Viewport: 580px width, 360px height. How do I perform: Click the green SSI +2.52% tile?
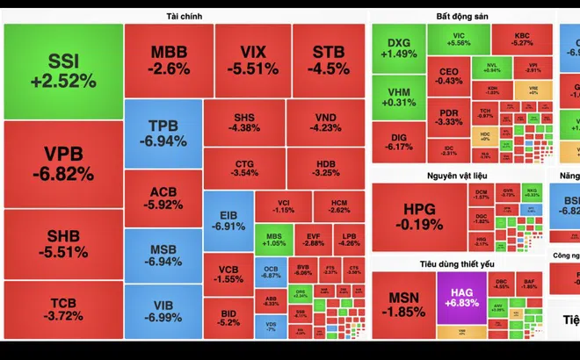click(62, 70)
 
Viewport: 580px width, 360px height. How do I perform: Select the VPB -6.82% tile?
click(62, 162)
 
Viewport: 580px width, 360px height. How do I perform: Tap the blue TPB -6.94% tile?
click(163, 132)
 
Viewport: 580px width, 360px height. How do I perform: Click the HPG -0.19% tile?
click(424, 215)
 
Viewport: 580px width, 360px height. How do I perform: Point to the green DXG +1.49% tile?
click(399, 47)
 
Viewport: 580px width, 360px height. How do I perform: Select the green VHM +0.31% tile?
click(399, 97)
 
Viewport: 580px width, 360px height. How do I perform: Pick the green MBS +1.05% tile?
click(273, 238)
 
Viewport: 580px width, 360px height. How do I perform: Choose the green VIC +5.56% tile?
click(459, 38)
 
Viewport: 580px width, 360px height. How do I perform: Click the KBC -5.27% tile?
click(522, 38)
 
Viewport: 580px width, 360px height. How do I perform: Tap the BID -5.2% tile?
click(228, 317)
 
